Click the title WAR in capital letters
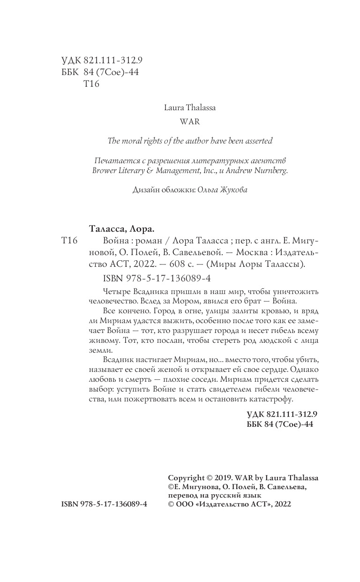(x=190, y=121)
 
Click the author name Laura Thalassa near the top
(x=190, y=107)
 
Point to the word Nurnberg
(x=271, y=171)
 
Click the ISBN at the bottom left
(x=104, y=504)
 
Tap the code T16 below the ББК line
(x=91, y=84)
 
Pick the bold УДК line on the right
(x=282, y=415)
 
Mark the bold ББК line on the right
(x=279, y=424)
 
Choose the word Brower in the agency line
(x=105, y=171)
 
